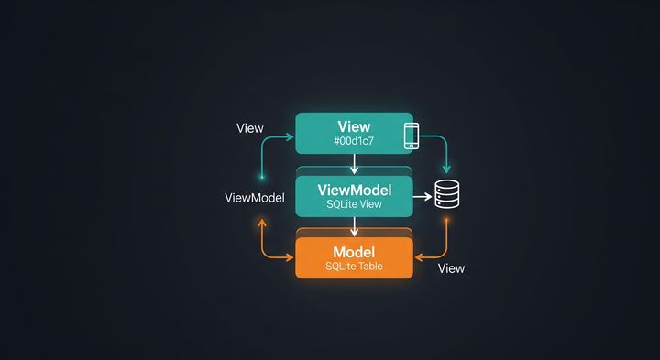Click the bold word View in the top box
(354, 126)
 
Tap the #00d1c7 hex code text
(354, 142)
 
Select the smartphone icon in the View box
(411, 135)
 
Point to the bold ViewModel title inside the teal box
(354, 190)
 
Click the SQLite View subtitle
(354, 205)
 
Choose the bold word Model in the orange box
(354, 252)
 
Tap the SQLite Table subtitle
(354, 267)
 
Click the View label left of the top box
(250, 128)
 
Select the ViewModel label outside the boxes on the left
(254, 198)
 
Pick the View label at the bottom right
(451, 268)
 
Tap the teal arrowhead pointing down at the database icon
(446, 170)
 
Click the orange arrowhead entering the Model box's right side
(418, 256)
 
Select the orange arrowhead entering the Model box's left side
(291, 256)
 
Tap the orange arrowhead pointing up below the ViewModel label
(262, 222)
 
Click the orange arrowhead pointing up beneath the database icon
(446, 222)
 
